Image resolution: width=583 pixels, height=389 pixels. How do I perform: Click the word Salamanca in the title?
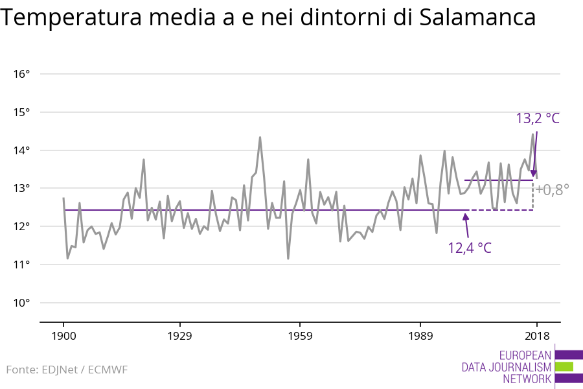tap(477, 17)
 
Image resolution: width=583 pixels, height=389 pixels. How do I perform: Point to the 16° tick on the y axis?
tap(21, 74)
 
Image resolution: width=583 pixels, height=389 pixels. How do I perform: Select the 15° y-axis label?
tap(21, 112)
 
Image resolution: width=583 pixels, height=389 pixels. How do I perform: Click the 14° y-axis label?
tap(21, 150)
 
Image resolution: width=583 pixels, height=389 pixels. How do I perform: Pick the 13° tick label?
tap(21, 189)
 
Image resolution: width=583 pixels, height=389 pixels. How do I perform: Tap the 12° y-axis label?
tap(21, 226)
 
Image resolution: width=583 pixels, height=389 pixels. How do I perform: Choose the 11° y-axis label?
tap(21, 265)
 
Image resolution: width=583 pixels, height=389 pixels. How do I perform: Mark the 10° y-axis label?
tap(21, 303)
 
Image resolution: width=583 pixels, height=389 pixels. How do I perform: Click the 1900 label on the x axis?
tap(63, 336)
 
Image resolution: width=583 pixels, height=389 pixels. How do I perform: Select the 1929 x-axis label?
tap(179, 336)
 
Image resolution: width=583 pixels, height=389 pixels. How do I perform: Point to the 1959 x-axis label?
tap(300, 336)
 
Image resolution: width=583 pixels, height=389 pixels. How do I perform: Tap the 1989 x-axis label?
tap(420, 336)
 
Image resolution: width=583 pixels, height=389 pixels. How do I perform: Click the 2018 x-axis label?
tap(537, 336)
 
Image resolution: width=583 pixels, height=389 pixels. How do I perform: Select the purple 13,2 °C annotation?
tap(538, 119)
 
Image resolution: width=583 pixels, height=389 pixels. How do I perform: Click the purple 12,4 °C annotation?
tap(470, 248)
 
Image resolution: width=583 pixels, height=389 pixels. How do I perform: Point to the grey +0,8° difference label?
tap(552, 190)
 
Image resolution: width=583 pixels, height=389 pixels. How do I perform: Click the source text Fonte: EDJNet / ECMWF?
tap(67, 370)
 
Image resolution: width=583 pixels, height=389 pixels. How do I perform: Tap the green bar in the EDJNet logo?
tap(564, 367)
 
